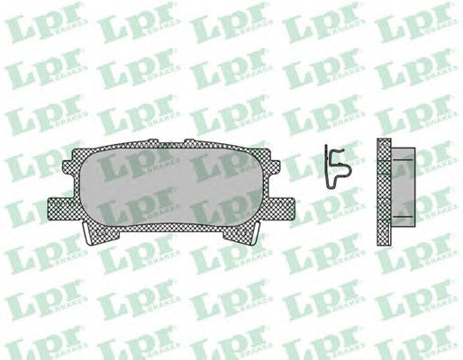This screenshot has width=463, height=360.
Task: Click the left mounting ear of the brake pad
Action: [x=61, y=208]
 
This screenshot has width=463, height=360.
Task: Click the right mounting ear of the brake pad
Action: [x=281, y=208]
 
